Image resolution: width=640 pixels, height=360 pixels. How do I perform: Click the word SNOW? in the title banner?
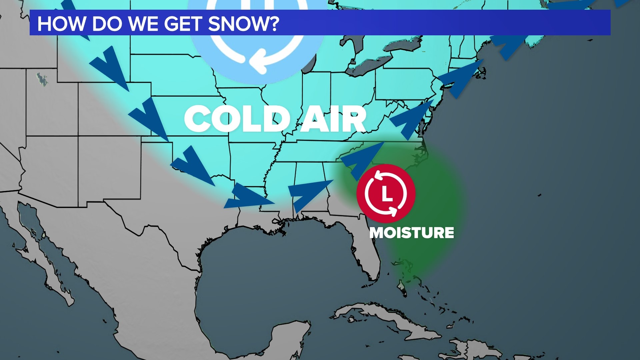pos(244,24)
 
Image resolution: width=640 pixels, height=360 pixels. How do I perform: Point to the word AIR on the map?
pos(334,119)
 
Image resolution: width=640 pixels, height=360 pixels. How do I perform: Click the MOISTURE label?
pos(412,233)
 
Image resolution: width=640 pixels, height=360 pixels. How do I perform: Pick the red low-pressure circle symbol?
pos(386,193)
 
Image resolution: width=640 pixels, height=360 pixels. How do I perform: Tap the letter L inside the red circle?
pos(386,194)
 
